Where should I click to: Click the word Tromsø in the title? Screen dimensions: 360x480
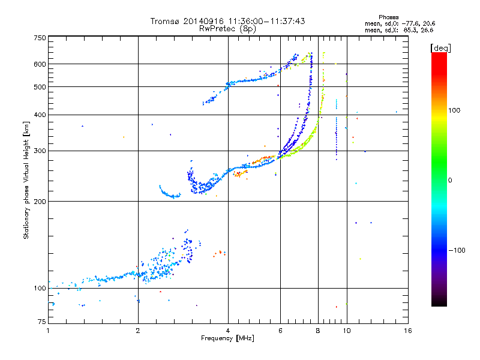point(163,21)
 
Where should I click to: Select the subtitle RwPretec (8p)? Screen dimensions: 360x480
point(227,28)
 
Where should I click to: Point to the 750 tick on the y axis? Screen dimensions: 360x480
point(40,38)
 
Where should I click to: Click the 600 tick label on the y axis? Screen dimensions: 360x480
point(40,64)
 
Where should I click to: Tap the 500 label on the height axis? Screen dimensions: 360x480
point(40,86)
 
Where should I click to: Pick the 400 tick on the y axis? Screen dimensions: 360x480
point(40,115)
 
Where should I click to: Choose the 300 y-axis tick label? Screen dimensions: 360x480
point(40,151)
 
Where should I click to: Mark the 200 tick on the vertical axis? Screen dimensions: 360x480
point(40,201)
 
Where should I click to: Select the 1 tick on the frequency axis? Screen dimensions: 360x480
point(48,331)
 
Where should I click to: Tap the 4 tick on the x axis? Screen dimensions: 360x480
point(228,331)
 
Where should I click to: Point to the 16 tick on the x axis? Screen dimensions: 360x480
point(407,331)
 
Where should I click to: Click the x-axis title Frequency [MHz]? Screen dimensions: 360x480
point(227,339)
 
